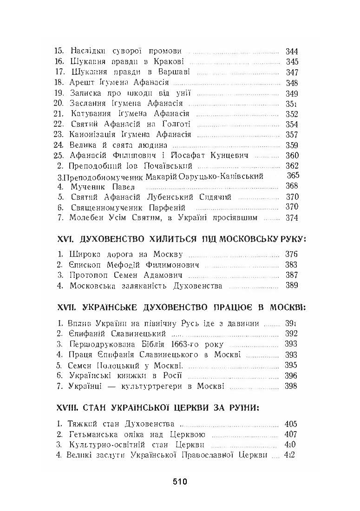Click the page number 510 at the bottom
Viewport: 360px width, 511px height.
click(179, 482)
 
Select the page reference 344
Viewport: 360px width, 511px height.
click(292, 51)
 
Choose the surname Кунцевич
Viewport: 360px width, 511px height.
click(227, 156)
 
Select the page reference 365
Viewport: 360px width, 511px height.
click(293, 176)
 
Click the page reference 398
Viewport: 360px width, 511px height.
click(292, 386)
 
